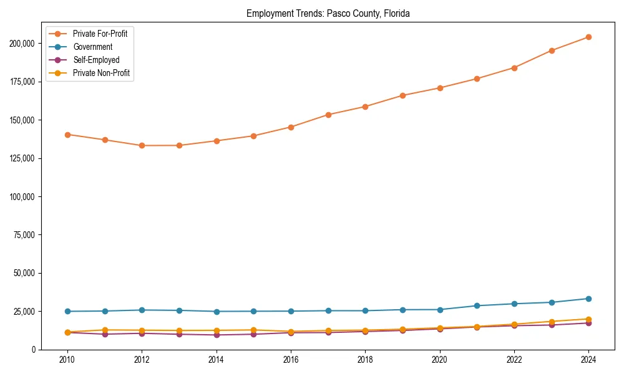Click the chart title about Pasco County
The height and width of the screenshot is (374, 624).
pyautogui.click(x=328, y=13)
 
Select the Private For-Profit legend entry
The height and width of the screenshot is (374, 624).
pyautogui.click(x=100, y=34)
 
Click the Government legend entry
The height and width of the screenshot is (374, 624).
pyautogui.click(x=92, y=47)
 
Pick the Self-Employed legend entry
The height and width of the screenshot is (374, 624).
pyautogui.click(x=95, y=60)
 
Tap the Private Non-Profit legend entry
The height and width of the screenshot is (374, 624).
pyautogui.click(x=101, y=73)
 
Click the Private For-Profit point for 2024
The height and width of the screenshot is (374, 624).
pyautogui.click(x=588, y=37)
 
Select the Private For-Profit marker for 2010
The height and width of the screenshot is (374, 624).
pyautogui.click(x=67, y=135)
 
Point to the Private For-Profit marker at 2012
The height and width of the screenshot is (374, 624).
pyautogui.click(x=142, y=145)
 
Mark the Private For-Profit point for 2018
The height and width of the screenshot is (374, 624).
pyautogui.click(x=365, y=107)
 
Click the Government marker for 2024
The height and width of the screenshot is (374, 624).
pyautogui.click(x=588, y=299)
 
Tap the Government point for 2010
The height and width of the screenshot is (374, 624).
pyautogui.click(x=67, y=312)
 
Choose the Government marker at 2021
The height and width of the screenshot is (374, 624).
pyautogui.click(x=477, y=305)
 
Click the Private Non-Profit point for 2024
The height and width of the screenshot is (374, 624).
pyautogui.click(x=588, y=319)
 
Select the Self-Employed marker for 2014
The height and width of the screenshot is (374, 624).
pyautogui.click(x=217, y=335)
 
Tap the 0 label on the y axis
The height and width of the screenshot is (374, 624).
pyautogui.click(x=34, y=350)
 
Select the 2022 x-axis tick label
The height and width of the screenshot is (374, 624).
pyautogui.click(x=514, y=360)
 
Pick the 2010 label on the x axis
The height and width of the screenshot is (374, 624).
pyautogui.click(x=67, y=360)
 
